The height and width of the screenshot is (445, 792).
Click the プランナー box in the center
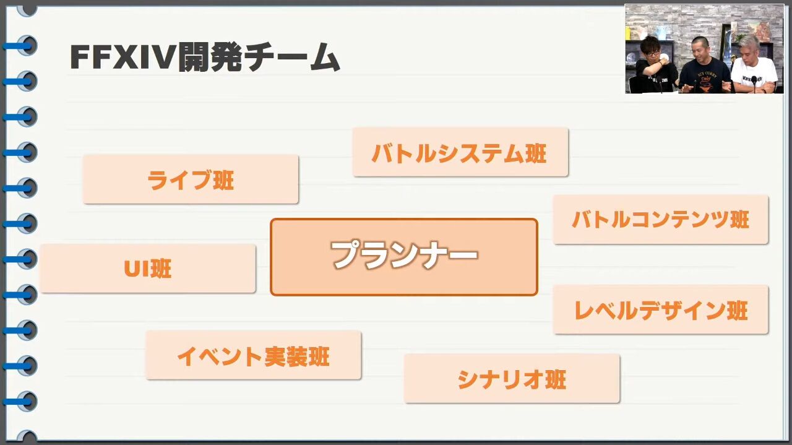point(404,257)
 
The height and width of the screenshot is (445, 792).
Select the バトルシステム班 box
point(460,152)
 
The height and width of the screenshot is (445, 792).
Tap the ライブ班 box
point(191,179)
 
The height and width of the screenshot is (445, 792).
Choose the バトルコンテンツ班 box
point(660,220)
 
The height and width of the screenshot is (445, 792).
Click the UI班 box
point(148,269)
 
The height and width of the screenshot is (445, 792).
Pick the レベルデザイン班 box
point(661,310)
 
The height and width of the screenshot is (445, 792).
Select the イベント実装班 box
point(253,355)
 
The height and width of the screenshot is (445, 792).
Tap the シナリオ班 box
point(512,379)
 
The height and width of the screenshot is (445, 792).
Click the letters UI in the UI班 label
point(136,269)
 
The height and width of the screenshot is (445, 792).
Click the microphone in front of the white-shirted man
point(754,81)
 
